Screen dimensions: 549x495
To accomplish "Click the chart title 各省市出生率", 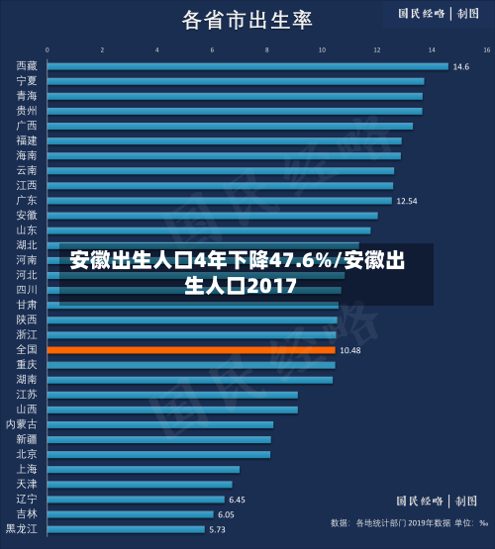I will pyautogui.click(x=247, y=20).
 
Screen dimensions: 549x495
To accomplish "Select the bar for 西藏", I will pyautogui.click(x=247, y=66).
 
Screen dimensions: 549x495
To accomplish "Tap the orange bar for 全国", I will pyautogui.click(x=190, y=349).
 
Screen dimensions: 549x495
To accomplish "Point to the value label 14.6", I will pyautogui.click(x=461, y=66).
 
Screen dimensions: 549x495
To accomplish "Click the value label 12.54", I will pyautogui.click(x=407, y=201).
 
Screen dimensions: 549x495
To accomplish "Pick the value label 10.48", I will pyautogui.click(x=350, y=350).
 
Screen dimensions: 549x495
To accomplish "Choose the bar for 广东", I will pyautogui.click(x=219, y=200).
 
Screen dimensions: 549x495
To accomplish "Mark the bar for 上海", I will pyautogui.click(x=143, y=469).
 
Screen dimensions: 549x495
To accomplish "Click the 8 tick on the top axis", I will pyautogui.click(x=266, y=47).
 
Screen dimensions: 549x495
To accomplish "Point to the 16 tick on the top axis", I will pyautogui.click(x=486, y=47).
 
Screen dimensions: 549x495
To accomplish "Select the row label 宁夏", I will pyautogui.click(x=27, y=81).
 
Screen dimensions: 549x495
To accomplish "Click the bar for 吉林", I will pyautogui.click(x=129, y=514).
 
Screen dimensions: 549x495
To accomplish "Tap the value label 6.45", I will pyautogui.click(x=238, y=500).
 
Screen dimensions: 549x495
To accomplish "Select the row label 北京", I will pyautogui.click(x=27, y=454).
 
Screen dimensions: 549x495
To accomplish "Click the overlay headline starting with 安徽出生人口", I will pyautogui.click(x=238, y=274).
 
